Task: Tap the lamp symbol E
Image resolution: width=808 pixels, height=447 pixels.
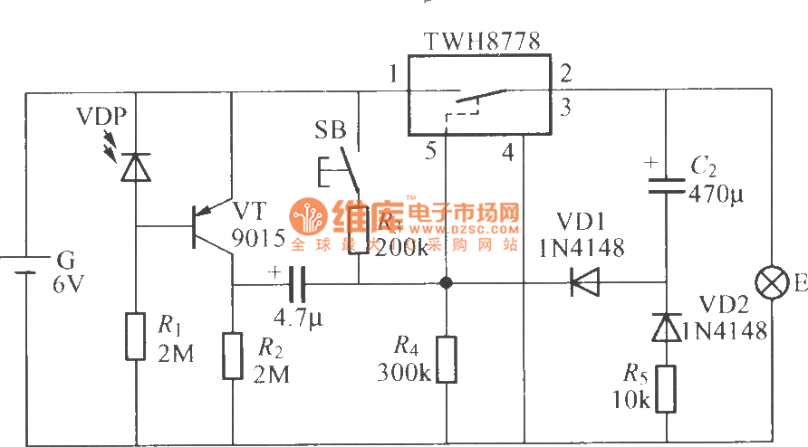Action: click(772, 284)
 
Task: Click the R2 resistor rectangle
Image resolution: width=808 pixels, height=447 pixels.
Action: click(233, 355)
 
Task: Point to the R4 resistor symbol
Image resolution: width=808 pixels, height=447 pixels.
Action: click(446, 359)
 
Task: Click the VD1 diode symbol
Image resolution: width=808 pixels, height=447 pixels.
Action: click(586, 283)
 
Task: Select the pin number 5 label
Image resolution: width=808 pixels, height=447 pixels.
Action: click(431, 152)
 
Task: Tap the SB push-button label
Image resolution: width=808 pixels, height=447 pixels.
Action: click(331, 129)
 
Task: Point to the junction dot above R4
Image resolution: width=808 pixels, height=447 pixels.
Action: click(446, 283)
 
